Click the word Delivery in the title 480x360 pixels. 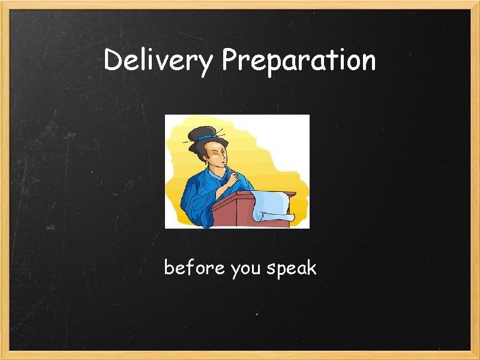[158, 61]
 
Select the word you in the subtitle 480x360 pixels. [245, 269]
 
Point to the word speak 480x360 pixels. [291, 269]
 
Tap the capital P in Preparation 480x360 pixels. [230, 59]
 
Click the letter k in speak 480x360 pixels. [311, 268]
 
